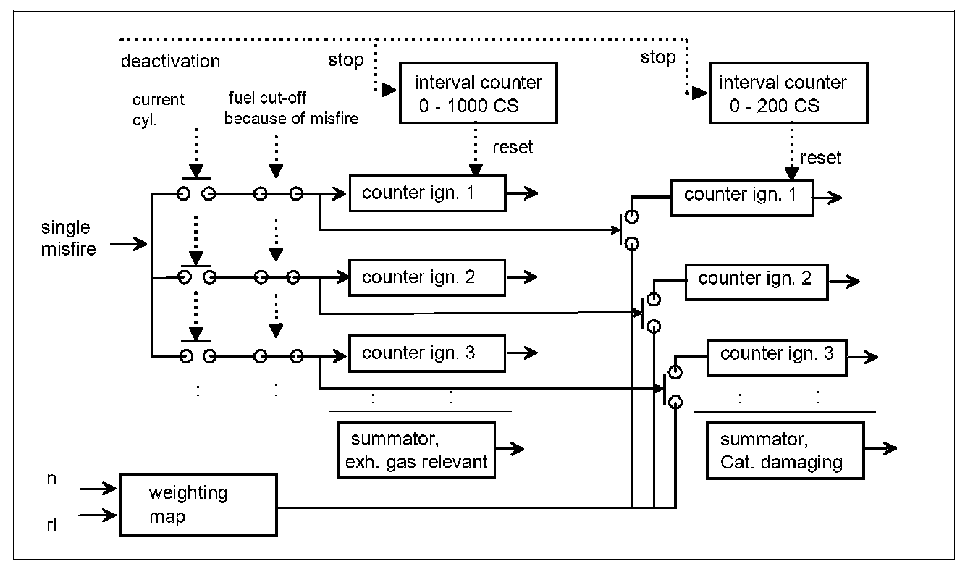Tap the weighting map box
[198, 505]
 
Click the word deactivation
[170, 61]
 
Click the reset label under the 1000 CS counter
[512, 148]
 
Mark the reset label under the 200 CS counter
[821, 158]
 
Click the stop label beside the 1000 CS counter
[345, 60]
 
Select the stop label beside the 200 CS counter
[657, 57]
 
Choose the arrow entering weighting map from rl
[98, 515]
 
